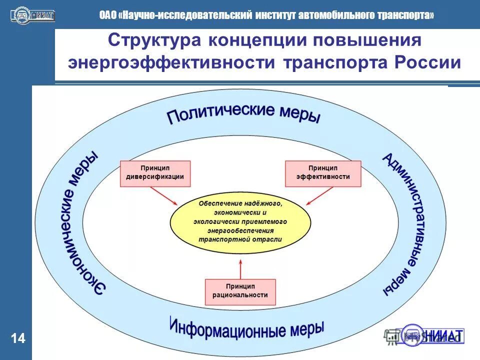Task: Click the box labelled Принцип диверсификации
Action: [155, 173]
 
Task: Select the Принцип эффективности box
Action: [322, 173]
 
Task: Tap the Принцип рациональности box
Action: [240, 292]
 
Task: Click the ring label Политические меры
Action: [243, 113]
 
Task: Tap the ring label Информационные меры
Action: [246, 328]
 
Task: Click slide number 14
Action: [17, 339]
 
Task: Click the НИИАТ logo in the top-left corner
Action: [32, 15]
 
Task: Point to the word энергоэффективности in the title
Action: [172, 63]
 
